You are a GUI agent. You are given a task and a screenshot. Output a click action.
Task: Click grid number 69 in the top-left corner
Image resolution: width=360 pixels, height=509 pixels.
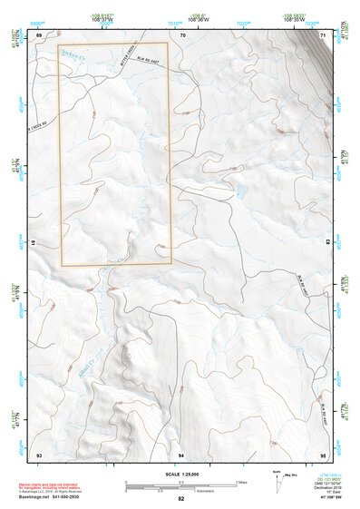pyautogui.click(x=39, y=34)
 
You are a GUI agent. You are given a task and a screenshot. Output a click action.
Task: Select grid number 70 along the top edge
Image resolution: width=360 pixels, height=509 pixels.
pyautogui.click(x=182, y=34)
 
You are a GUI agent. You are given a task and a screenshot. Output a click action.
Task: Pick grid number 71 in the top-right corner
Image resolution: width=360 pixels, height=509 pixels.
pyautogui.click(x=324, y=34)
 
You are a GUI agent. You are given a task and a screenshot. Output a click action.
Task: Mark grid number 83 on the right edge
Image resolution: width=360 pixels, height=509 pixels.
pyautogui.click(x=327, y=243)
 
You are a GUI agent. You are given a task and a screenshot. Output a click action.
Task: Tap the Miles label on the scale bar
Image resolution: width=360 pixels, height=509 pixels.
pyautogui.click(x=241, y=482)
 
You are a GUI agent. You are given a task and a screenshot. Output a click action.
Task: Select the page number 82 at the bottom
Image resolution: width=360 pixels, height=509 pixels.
pyautogui.click(x=181, y=500)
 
